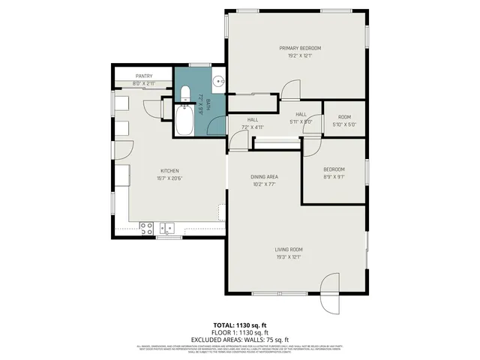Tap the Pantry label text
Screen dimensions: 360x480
[x=144, y=76]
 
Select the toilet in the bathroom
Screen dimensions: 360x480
[x=184, y=94]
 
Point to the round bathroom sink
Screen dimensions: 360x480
[x=216, y=82]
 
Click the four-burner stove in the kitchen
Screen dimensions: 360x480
[x=147, y=226]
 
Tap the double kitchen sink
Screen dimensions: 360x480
[x=166, y=227]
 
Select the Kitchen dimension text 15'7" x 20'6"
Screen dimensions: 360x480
[x=169, y=178]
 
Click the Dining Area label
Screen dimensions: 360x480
[x=264, y=177]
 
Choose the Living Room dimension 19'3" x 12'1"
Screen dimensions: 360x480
[x=289, y=256]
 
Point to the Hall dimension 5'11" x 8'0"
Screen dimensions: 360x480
[x=300, y=121]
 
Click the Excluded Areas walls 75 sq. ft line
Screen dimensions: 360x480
[x=239, y=340]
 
